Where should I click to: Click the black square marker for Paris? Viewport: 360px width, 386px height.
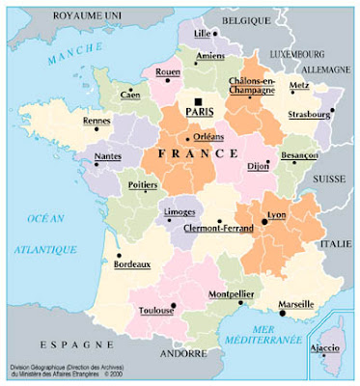click(197, 101)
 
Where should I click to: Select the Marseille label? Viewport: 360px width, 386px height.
click(296, 305)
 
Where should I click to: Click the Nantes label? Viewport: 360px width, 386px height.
click(107, 153)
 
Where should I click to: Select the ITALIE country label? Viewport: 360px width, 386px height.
click(336, 243)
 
